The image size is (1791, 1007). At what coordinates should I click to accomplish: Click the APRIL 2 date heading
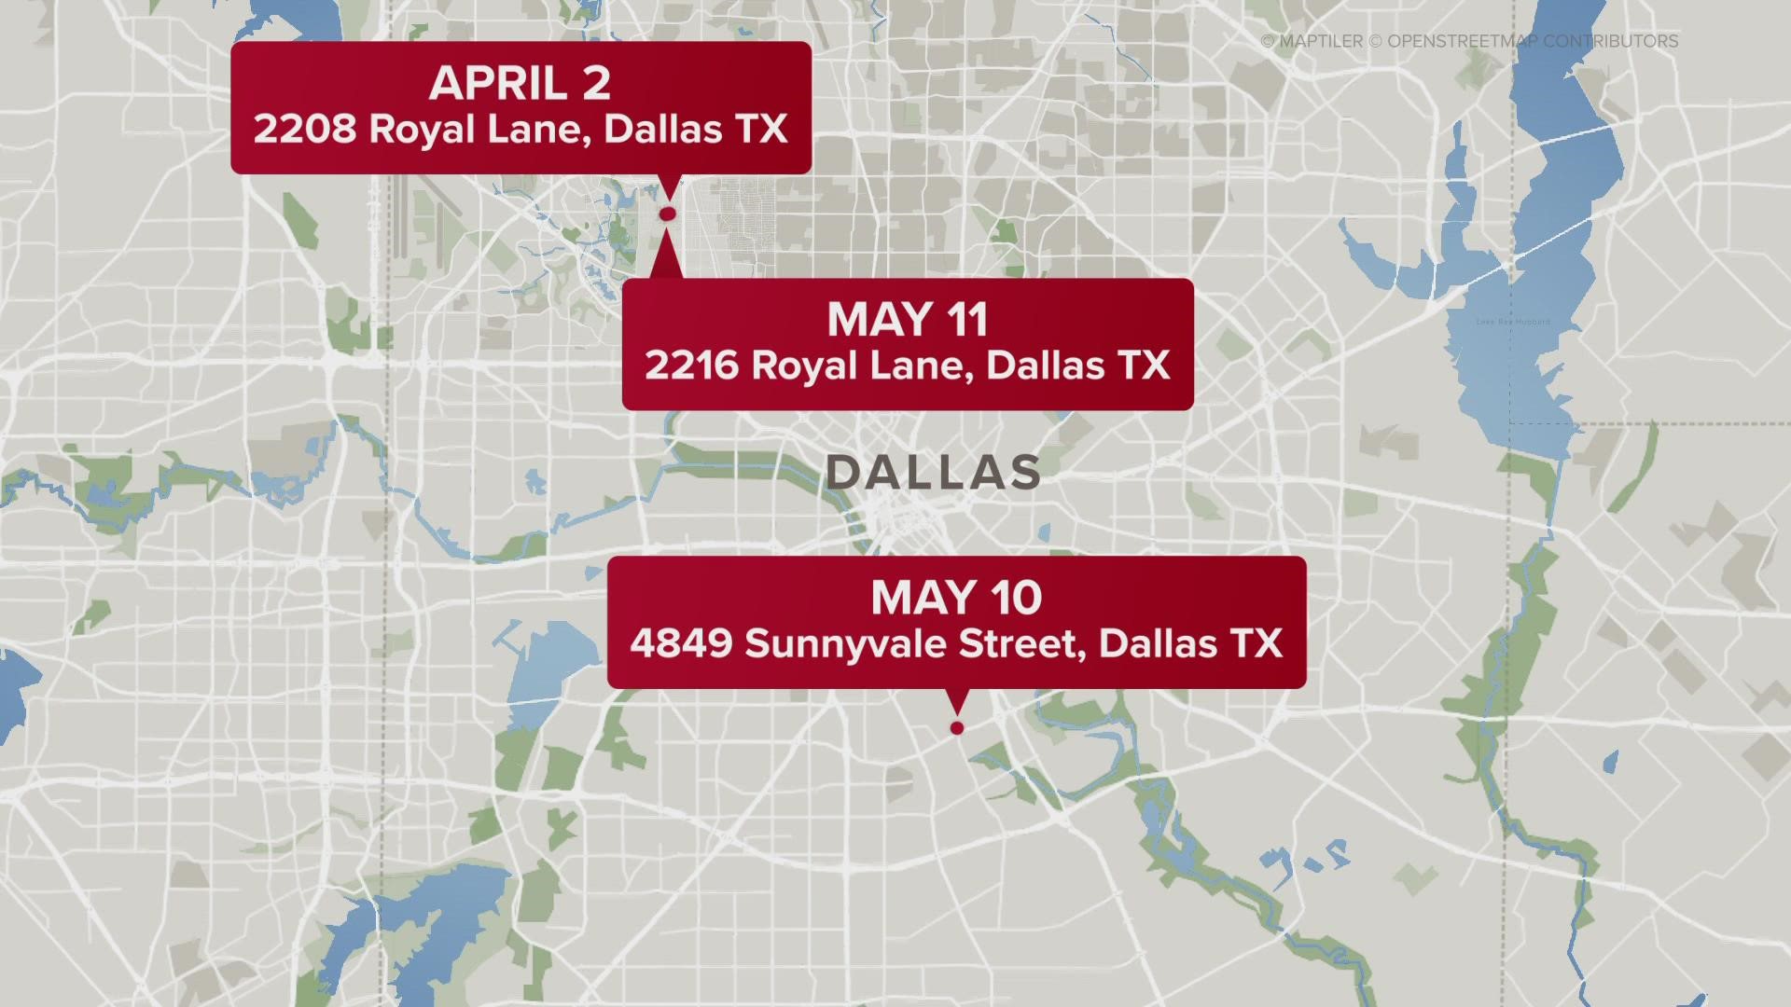tap(520, 84)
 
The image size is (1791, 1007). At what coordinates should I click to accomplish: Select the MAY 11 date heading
tap(907, 320)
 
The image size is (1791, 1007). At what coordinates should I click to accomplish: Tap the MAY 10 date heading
tap(955, 598)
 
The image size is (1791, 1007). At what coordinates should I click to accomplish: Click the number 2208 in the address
tap(304, 129)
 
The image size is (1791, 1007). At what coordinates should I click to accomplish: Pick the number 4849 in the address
tap(680, 643)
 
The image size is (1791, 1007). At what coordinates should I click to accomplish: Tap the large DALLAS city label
tap(934, 473)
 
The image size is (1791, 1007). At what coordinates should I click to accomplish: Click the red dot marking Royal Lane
tap(667, 214)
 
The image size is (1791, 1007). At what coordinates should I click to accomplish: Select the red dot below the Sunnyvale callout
tap(956, 728)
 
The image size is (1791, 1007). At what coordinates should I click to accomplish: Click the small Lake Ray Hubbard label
tap(1513, 322)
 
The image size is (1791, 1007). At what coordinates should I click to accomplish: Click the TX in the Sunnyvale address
tap(1255, 643)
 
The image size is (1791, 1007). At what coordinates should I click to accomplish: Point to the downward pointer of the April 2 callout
tap(668, 186)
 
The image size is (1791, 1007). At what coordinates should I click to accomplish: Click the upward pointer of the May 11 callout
tap(665, 256)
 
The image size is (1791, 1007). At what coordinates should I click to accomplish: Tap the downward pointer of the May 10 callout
tap(956, 701)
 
